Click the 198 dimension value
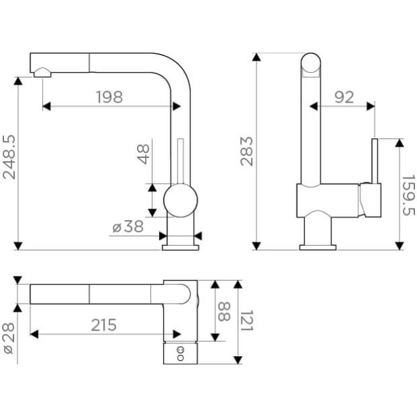click(x=109, y=97)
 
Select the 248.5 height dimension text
click(x=9, y=157)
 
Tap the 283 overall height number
click(x=246, y=151)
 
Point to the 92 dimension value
click(x=344, y=97)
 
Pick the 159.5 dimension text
click(x=408, y=195)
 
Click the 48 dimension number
click(x=143, y=155)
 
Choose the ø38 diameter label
click(x=128, y=227)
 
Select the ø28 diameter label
click(x=9, y=338)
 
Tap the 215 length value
click(x=104, y=325)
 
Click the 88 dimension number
click(x=224, y=312)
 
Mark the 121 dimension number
click(x=246, y=321)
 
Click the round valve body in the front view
click(x=181, y=200)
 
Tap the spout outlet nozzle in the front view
click(x=43, y=73)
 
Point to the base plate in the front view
click(x=181, y=248)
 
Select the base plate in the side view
click(x=318, y=248)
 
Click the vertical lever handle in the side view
click(x=374, y=161)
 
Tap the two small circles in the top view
click(x=181, y=354)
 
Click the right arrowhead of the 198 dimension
click(x=177, y=107)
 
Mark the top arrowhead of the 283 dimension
click(x=256, y=57)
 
